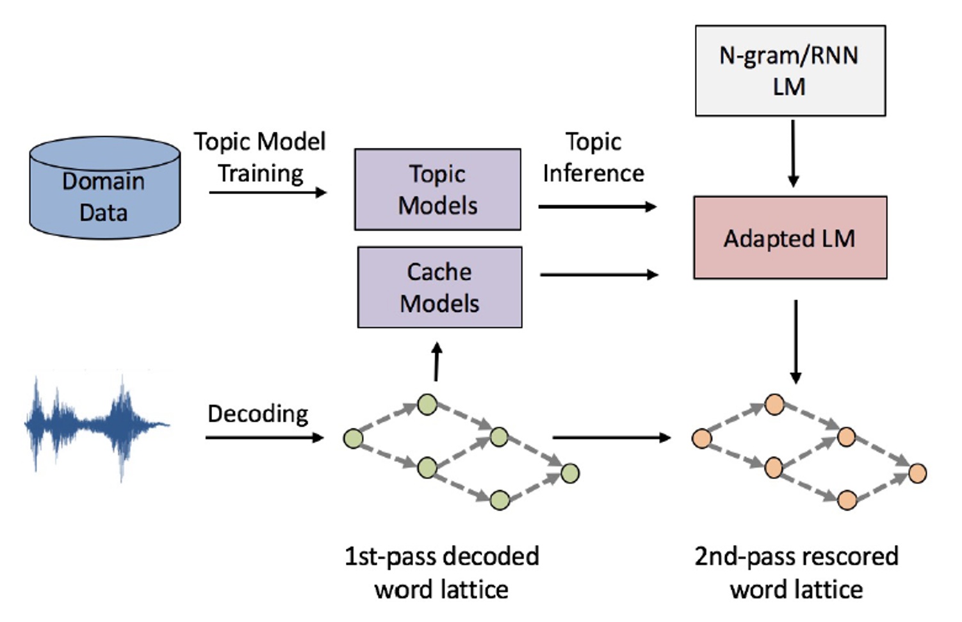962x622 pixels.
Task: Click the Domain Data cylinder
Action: pos(104,189)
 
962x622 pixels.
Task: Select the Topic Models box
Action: pos(437,190)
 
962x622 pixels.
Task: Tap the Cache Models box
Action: pos(439,288)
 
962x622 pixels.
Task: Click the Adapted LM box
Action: pos(790,238)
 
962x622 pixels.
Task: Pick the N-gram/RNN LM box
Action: pos(790,71)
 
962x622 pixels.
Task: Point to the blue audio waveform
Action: pos(96,426)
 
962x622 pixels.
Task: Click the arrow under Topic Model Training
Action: pos(267,192)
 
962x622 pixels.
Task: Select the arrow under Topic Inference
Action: pos(597,207)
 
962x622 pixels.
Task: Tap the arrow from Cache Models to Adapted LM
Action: pos(599,275)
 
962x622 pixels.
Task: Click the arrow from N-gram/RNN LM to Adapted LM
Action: pos(793,154)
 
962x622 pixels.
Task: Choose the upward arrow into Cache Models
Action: pos(437,362)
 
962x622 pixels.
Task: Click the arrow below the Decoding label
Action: pos(264,438)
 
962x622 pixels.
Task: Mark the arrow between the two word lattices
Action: pos(611,438)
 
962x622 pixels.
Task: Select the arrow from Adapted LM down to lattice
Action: pos(795,341)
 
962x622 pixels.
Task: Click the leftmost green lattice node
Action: pos(353,438)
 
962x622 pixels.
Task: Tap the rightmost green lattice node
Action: pos(570,473)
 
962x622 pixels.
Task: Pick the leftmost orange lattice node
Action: pos(701,438)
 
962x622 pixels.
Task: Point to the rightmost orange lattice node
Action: pos(918,473)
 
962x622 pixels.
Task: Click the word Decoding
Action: pos(258,414)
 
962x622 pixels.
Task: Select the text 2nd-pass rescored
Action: pos(796,556)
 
